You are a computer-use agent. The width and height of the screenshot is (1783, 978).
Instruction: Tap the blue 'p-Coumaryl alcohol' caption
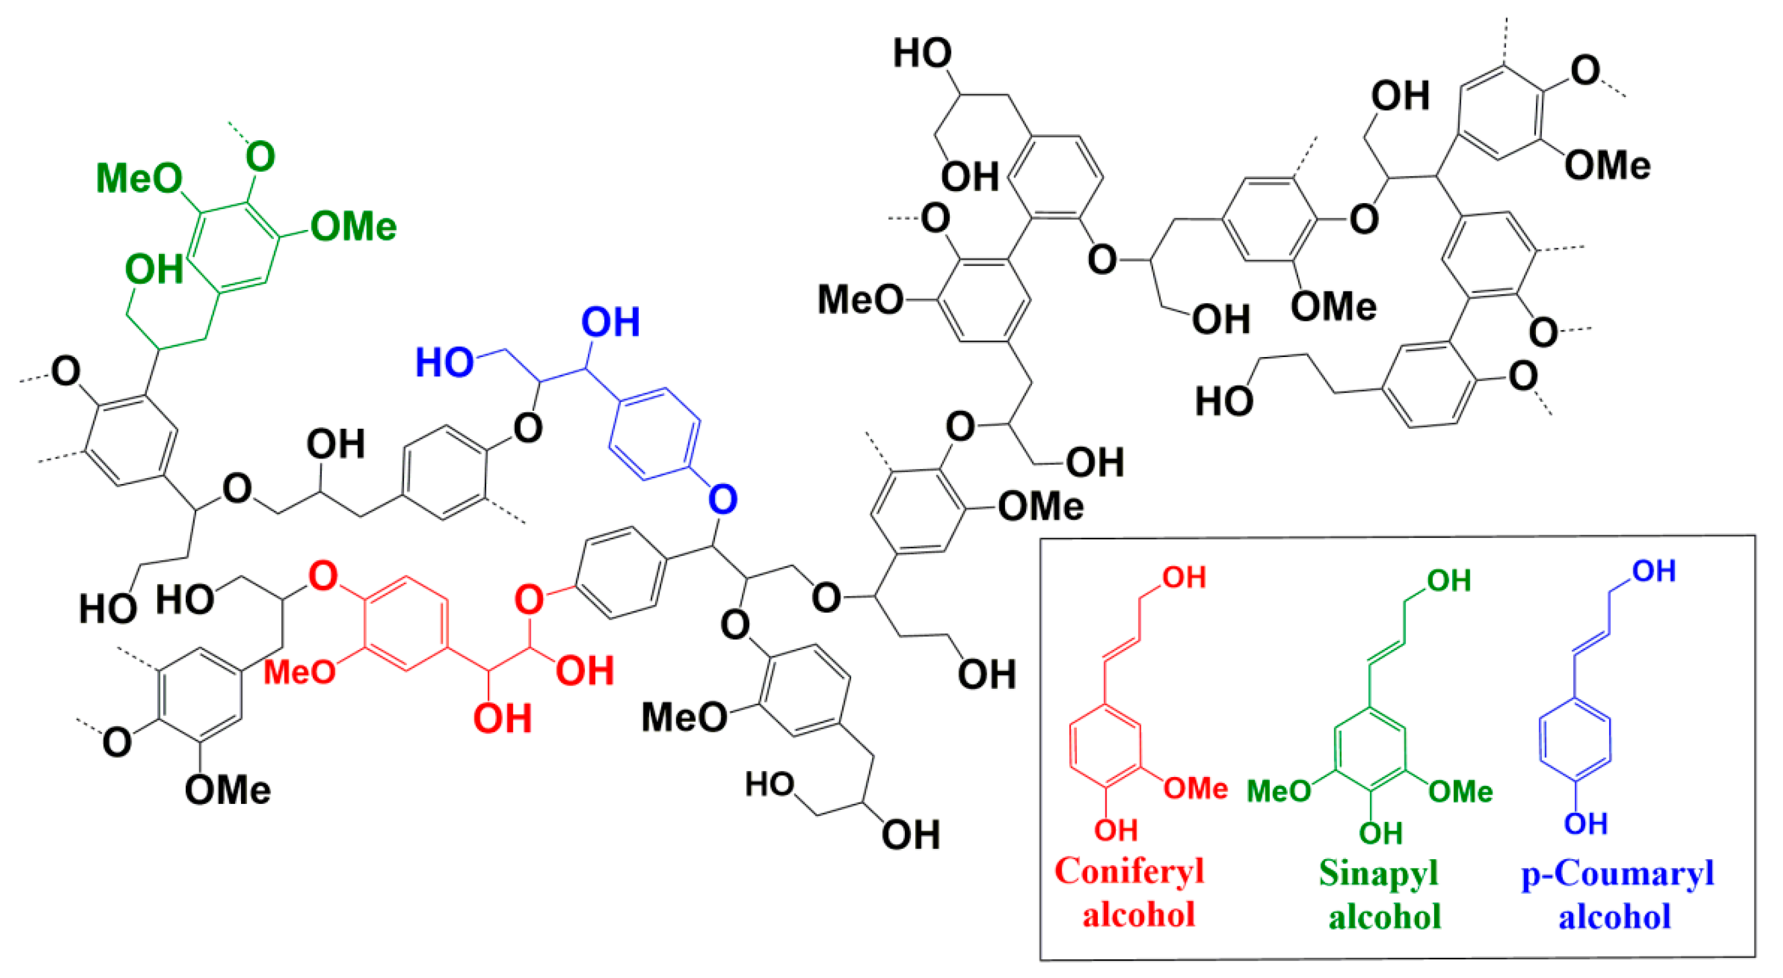click(1617, 894)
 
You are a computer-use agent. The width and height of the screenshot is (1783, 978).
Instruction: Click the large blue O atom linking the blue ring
click(723, 498)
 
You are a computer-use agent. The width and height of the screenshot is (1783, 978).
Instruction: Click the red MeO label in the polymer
click(299, 671)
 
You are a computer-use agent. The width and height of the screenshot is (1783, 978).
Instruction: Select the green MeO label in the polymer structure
click(139, 178)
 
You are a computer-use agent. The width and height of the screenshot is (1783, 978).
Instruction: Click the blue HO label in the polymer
click(444, 362)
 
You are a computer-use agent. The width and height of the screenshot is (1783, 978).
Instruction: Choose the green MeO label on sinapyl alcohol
click(1279, 790)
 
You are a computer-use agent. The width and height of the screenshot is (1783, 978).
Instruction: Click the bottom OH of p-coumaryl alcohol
click(1585, 824)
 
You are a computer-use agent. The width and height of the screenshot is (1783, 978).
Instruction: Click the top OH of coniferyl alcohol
click(1184, 577)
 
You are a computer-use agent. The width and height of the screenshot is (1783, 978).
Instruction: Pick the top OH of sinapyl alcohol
click(1449, 580)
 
